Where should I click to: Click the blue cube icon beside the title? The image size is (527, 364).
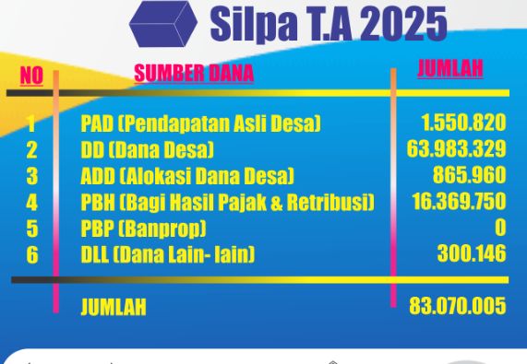coord(163,23)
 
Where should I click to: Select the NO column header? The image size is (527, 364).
coord(31,76)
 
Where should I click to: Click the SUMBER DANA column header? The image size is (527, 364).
coord(194,73)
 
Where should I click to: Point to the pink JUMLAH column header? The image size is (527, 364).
coord(450,68)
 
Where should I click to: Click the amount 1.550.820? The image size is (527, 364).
coord(463,123)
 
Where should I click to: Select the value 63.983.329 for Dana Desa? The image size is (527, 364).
coord(456,148)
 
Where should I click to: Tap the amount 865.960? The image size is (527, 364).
coord(469,175)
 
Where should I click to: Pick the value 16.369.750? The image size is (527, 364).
coord(459,201)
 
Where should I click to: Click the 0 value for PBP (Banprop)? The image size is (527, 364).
coord(500,228)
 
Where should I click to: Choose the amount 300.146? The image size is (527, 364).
coord(472,253)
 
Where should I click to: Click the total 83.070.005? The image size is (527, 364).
coord(458,306)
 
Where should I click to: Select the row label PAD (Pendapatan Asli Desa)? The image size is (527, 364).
coord(201,123)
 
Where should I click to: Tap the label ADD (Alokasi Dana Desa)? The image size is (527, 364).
coord(187,176)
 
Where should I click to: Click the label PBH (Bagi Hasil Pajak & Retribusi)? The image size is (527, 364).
coord(228,202)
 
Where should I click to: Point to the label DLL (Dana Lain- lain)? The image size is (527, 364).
coord(168,255)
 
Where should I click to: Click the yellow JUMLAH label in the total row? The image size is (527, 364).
coord(114,307)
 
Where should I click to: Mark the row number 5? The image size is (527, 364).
coord(32,229)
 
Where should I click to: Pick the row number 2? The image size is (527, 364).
coord(32,149)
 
